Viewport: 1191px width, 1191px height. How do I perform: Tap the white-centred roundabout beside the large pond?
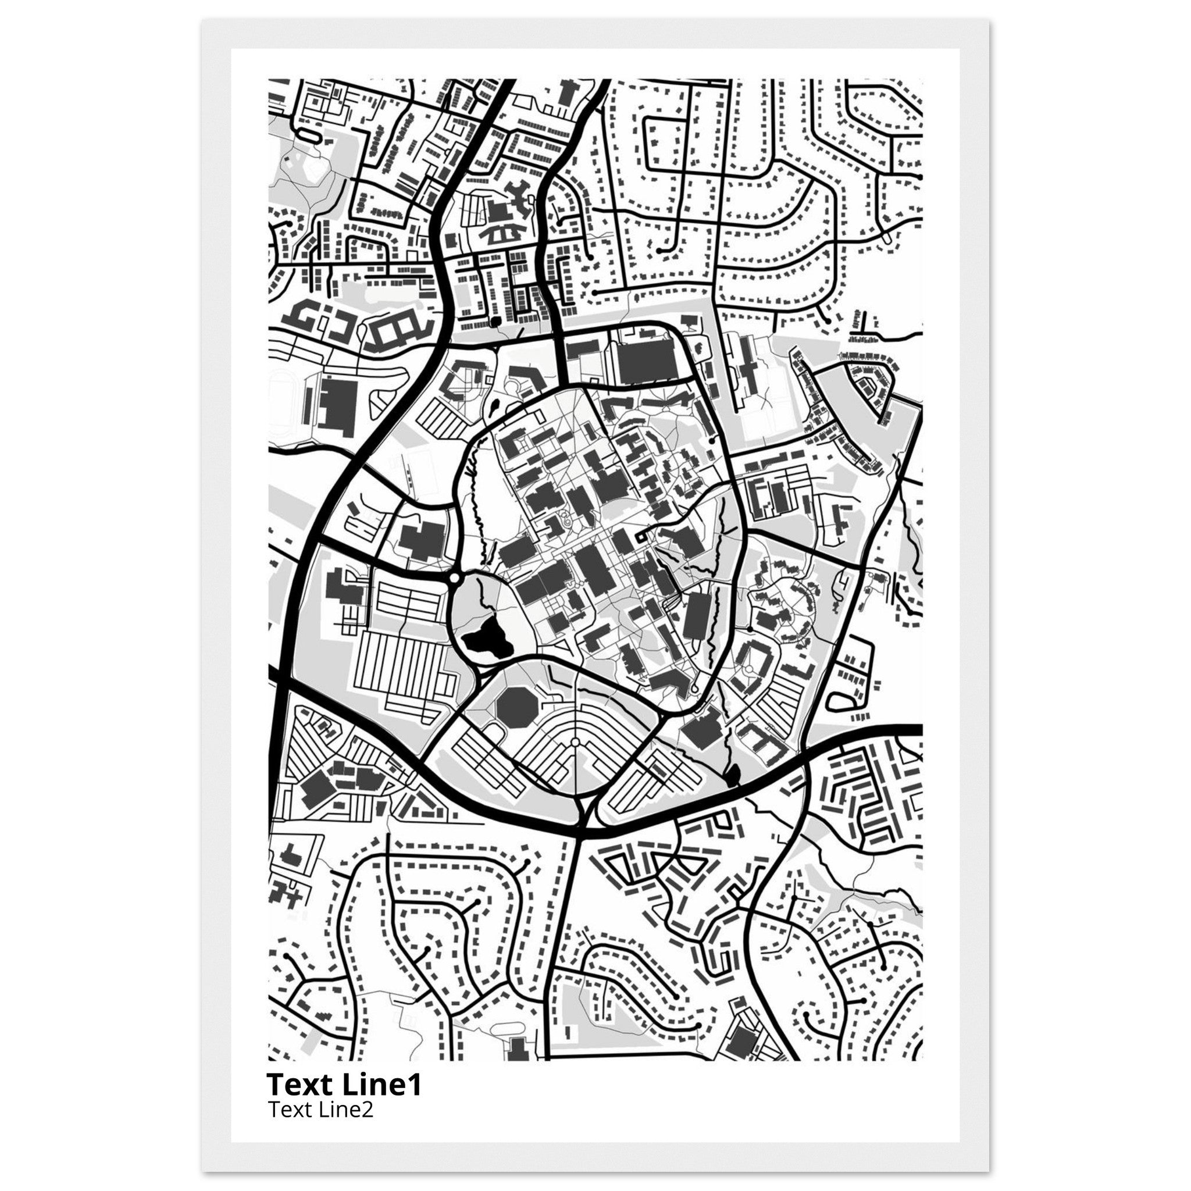coord(454,579)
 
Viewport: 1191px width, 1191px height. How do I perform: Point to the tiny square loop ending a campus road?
coord(641,536)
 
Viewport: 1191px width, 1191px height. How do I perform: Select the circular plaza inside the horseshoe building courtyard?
coord(749,668)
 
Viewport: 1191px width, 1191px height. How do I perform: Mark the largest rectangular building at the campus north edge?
coord(647,361)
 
